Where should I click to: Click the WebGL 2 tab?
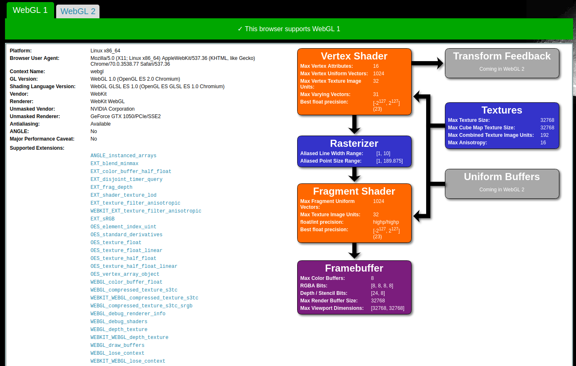point(78,11)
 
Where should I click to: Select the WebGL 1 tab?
point(30,10)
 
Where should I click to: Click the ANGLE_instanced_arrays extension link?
point(123,156)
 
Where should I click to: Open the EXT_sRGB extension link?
point(102,219)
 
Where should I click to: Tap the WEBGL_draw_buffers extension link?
point(117,345)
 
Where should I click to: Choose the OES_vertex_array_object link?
point(125,274)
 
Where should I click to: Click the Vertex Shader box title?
point(354,56)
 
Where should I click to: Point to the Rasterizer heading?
point(354,143)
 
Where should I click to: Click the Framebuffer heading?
point(354,268)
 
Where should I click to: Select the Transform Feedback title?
point(502,56)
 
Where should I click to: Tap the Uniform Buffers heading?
point(502,177)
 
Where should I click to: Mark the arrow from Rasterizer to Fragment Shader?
point(354,174)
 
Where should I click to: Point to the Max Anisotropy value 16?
point(543,143)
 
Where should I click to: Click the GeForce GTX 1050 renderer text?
point(125,116)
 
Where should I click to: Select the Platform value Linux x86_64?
point(105,51)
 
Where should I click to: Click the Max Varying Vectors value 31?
point(376,94)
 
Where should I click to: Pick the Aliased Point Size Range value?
point(389,161)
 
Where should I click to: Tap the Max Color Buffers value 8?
point(372,278)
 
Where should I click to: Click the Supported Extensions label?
point(37,148)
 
